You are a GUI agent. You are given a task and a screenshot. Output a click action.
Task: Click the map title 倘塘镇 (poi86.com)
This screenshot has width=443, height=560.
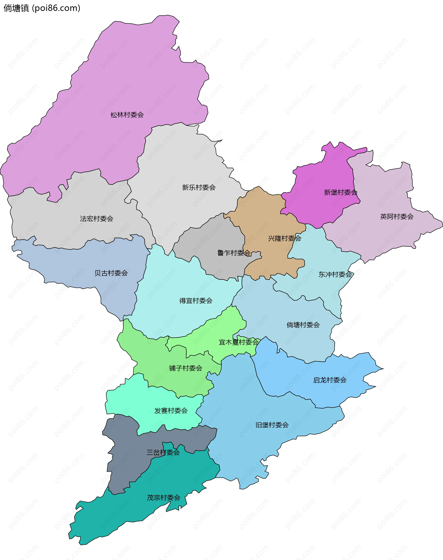point(42,8)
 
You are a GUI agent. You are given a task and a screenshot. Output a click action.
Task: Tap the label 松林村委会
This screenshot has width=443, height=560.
point(127,115)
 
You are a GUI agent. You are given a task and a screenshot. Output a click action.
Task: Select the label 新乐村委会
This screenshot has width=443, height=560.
point(199,188)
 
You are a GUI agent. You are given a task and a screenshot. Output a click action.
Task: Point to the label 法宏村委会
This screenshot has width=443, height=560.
point(96,219)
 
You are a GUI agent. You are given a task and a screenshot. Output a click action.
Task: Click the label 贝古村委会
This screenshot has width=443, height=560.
point(111,273)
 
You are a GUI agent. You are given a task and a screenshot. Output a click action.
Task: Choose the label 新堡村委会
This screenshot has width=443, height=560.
point(341,192)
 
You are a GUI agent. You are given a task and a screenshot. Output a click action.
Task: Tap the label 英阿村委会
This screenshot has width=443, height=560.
point(397,217)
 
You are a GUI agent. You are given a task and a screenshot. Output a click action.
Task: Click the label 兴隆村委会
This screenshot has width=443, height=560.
point(284,238)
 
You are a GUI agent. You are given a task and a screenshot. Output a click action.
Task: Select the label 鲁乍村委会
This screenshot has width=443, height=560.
point(234,253)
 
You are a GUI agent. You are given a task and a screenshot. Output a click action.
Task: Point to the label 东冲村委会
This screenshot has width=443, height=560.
point(335,274)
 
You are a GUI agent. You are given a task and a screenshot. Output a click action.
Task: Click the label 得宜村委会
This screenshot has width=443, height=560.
point(196,301)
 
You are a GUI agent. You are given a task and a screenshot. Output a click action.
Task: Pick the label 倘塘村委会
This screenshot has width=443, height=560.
point(303,325)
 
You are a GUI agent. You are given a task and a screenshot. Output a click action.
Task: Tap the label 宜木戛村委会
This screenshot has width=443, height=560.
point(239,342)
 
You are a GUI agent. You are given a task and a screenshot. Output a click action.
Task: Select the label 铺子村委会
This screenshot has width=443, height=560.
point(186,368)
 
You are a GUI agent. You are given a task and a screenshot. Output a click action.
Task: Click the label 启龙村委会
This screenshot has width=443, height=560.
point(330,380)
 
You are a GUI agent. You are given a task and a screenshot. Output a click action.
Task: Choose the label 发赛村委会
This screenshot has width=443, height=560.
point(171,410)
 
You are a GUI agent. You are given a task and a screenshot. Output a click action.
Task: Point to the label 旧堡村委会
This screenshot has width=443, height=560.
point(272,425)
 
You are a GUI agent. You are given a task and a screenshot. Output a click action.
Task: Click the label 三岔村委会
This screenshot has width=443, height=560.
point(163,453)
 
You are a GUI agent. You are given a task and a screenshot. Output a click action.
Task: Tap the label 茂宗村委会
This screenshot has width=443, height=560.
point(163,498)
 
